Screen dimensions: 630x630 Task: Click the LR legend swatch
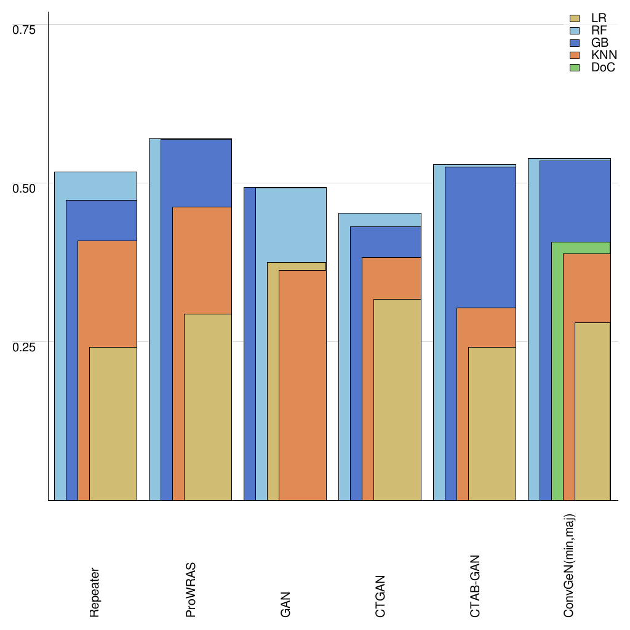(x=575, y=18)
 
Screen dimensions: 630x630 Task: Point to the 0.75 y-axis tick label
(x=25, y=29)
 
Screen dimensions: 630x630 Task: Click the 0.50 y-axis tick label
(x=25, y=187)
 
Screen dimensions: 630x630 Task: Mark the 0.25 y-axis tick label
(x=25, y=346)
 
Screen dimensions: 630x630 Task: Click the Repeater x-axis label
(x=95, y=592)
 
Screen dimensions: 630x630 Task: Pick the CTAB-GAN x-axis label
(x=475, y=586)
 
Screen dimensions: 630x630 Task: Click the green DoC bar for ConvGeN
(x=557, y=369)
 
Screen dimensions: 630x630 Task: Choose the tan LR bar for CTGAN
(x=397, y=399)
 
